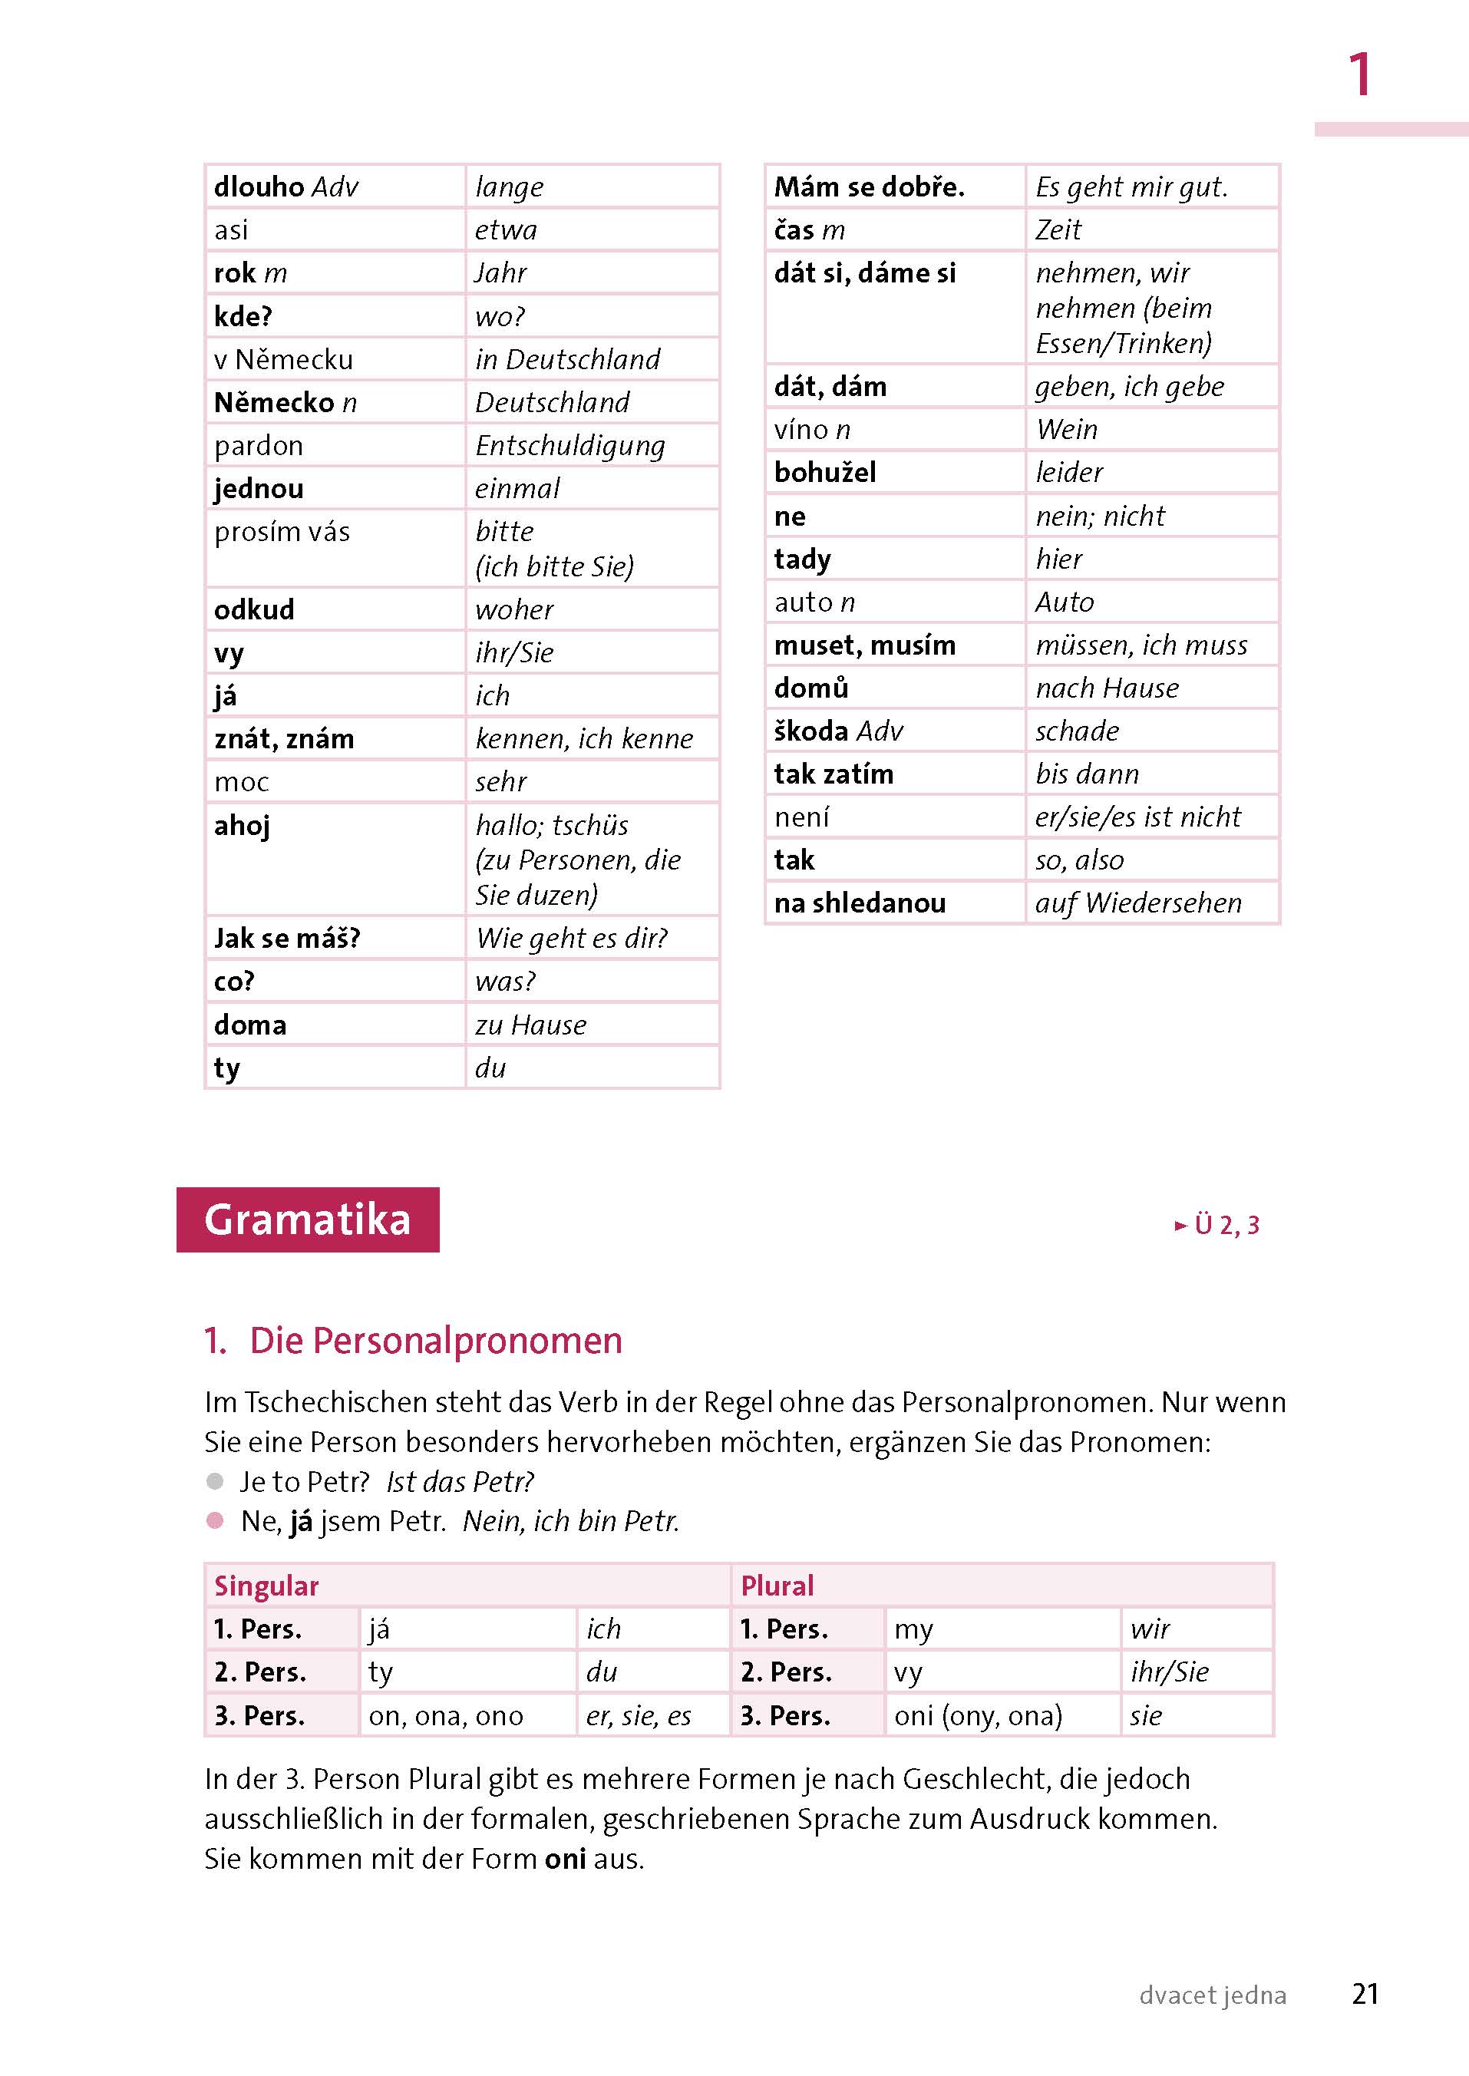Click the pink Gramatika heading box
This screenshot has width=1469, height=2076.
308,1220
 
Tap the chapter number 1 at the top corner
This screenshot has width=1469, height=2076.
1358,74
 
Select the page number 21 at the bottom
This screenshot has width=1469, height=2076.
1365,1994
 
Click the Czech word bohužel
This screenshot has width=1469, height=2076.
825,472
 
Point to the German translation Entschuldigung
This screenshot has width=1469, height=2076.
569,446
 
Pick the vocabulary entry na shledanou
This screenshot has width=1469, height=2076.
860,903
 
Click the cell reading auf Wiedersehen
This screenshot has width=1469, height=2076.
1138,903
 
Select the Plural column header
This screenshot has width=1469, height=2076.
777,1586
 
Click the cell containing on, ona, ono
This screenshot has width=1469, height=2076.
446,1716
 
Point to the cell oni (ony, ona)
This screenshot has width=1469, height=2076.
978,1716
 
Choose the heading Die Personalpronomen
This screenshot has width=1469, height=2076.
435,1341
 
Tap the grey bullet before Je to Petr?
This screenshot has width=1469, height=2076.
215,1480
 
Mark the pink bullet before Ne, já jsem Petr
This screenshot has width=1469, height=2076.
215,1520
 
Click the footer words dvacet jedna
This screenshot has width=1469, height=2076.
1212,1995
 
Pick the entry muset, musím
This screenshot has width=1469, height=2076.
865,645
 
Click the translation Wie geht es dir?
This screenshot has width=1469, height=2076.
572,938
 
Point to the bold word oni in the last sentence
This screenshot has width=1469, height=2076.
566,1859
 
